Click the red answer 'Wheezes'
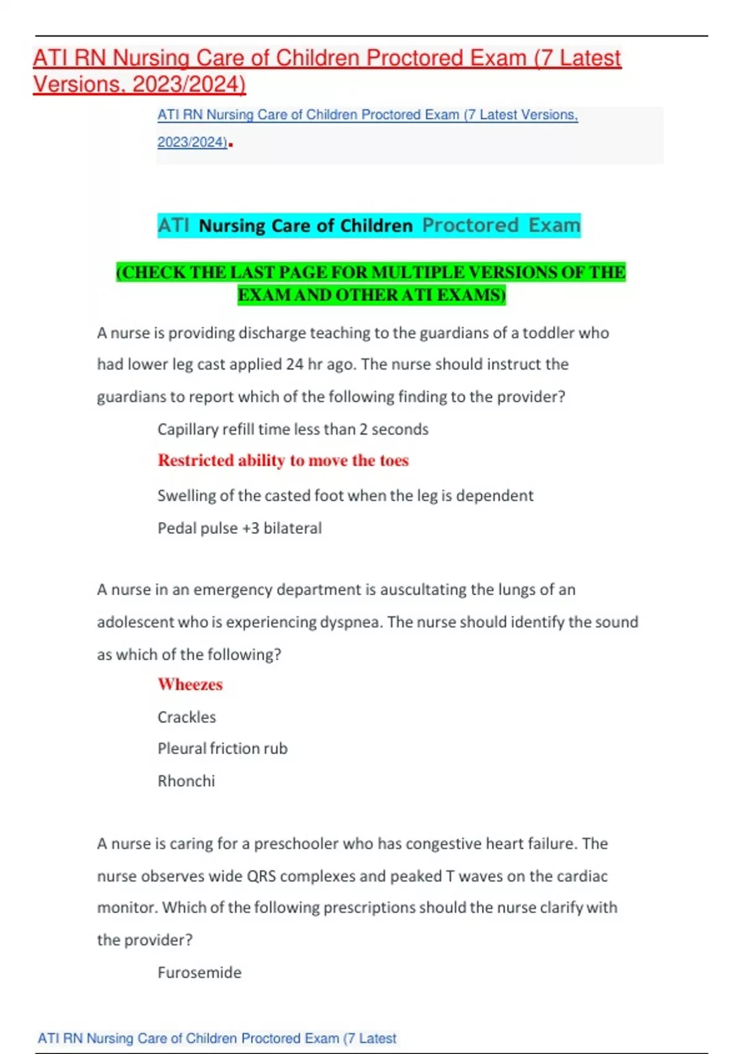190,684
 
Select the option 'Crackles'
187,717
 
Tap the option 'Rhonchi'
186,781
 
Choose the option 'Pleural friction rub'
223,749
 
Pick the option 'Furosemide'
199,973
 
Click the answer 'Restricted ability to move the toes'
283,461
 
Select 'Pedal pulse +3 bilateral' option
239,528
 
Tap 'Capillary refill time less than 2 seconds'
293,430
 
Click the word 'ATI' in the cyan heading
174,226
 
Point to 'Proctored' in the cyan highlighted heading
470,225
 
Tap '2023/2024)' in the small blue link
192,143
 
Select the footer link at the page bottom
216,1038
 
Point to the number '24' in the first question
294,365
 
